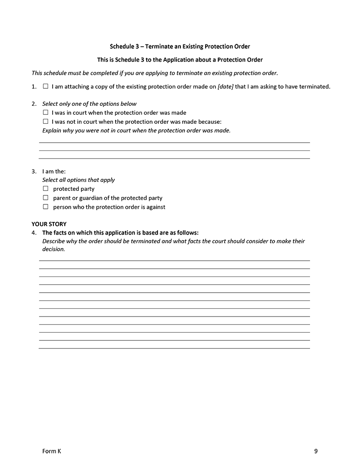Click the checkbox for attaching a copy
pyautogui.click(x=45, y=86)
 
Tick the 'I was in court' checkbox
pyautogui.click(x=45, y=113)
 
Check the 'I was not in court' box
pyautogui.click(x=45, y=122)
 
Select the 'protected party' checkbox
pyautogui.click(x=45, y=189)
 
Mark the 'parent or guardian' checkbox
pyautogui.click(x=45, y=198)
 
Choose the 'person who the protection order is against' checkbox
pyautogui.click(x=45, y=207)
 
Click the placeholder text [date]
pyautogui.click(x=225, y=86)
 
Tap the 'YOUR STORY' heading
pyautogui.click(x=49, y=224)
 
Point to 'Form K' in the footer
pyautogui.click(x=51, y=451)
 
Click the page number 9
pyautogui.click(x=316, y=451)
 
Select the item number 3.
pyautogui.click(x=34, y=171)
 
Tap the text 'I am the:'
pyautogui.click(x=54, y=171)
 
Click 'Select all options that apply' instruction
pyautogui.click(x=78, y=180)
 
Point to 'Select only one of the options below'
pyautogui.click(x=89, y=104)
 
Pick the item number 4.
pyautogui.click(x=34, y=233)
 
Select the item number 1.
pyautogui.click(x=34, y=86)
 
